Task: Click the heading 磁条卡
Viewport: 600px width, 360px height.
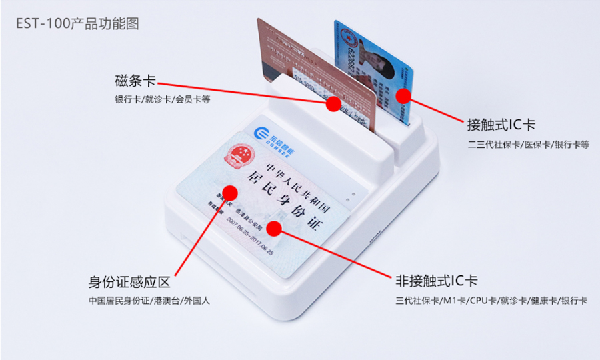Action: click(x=135, y=81)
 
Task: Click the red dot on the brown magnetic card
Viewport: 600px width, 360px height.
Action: click(x=333, y=104)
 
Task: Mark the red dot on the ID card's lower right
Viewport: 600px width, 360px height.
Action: click(x=274, y=229)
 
